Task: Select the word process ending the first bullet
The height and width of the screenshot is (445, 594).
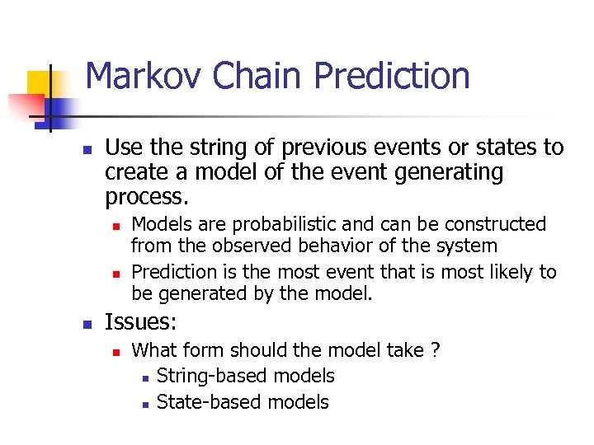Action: (145, 197)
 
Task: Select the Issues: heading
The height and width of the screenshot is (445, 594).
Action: (141, 322)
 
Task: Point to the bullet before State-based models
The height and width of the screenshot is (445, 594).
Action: (144, 404)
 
